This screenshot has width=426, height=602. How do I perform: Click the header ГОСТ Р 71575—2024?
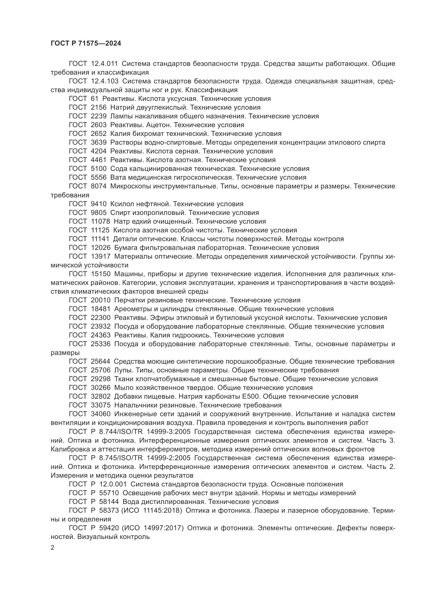point(86,43)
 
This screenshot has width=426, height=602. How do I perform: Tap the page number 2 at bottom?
point(53,548)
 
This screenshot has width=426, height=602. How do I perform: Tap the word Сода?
point(119,169)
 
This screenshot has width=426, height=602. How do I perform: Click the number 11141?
point(100,239)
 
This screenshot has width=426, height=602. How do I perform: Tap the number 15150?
point(101,274)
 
